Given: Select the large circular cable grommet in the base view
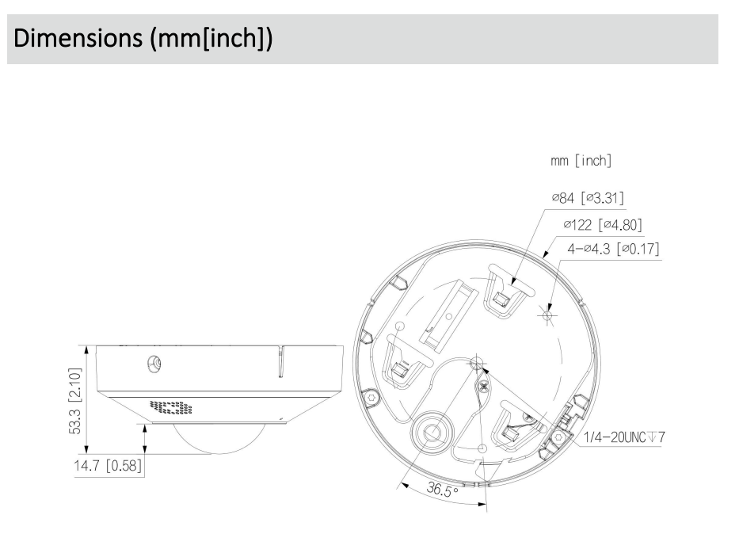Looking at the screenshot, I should (x=432, y=432).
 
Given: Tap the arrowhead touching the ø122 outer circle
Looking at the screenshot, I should (x=547, y=256).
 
